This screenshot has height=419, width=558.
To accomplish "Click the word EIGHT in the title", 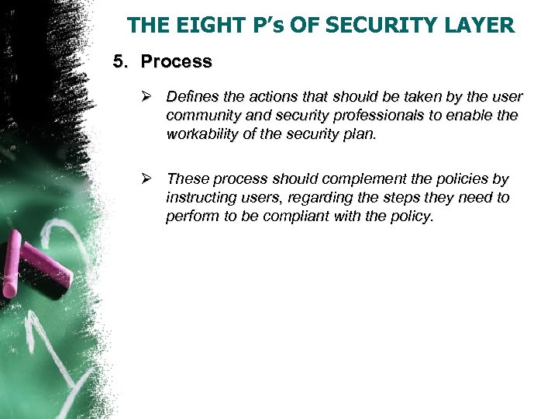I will (197, 26).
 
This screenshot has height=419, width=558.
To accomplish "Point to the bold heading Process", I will (176, 61).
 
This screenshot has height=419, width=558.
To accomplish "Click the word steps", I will (402, 198).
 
